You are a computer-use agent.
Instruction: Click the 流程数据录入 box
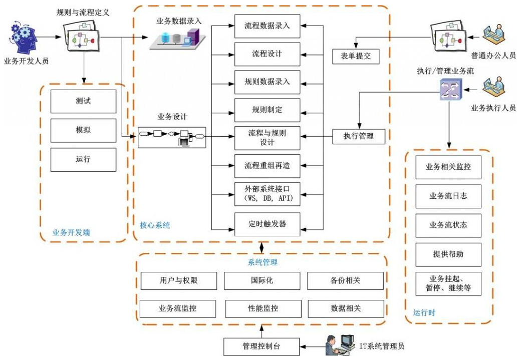point(267,26)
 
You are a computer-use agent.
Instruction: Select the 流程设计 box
point(267,54)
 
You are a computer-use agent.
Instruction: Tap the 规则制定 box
point(267,110)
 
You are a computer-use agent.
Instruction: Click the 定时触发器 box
point(267,224)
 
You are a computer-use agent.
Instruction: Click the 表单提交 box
point(356,57)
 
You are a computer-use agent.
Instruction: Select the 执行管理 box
point(359,136)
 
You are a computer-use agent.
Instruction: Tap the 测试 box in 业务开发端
point(83,101)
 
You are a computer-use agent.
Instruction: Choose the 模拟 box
point(83,130)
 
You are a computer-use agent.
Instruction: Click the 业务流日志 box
point(448,196)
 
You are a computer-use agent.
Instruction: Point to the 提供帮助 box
point(448,254)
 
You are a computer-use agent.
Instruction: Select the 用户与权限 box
point(178,280)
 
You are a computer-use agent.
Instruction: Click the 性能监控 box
point(263,308)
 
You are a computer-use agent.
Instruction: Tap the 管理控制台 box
point(262,346)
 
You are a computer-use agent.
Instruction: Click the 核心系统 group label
point(155,225)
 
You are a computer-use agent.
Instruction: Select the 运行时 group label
point(424,312)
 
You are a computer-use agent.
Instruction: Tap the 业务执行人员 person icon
point(493,87)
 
